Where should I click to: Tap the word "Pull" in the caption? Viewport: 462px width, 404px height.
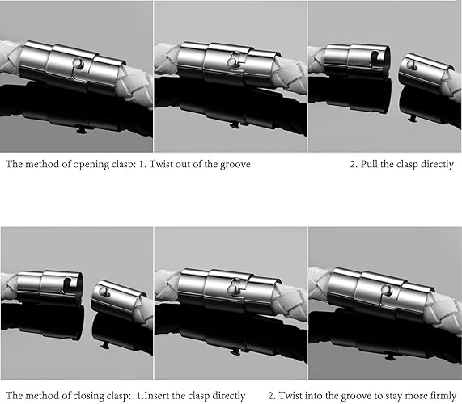[370, 164]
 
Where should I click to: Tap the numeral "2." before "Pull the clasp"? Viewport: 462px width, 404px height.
[354, 164]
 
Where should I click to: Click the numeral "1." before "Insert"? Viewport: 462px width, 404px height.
[140, 395]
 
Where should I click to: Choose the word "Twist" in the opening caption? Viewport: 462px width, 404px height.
[161, 164]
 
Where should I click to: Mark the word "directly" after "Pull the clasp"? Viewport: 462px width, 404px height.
[437, 165]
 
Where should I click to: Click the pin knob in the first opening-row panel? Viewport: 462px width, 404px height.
[78, 63]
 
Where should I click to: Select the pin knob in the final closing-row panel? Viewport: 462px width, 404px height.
[386, 290]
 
